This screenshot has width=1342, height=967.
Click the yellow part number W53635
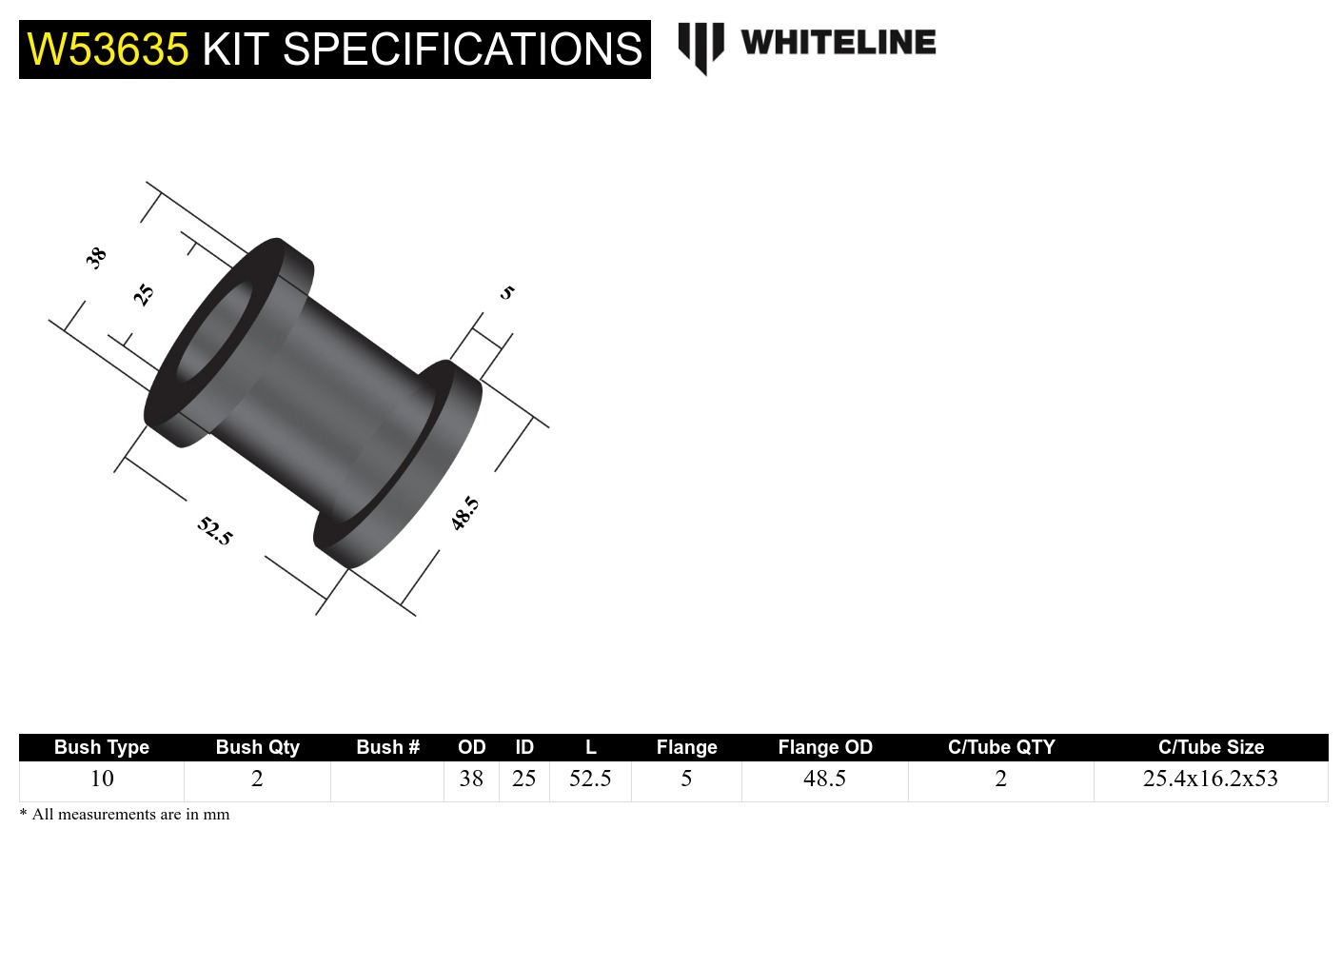tap(108, 49)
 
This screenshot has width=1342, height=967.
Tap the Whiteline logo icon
tap(701, 47)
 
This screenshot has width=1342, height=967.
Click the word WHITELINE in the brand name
tap(838, 43)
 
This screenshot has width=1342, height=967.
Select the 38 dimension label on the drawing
tap(95, 257)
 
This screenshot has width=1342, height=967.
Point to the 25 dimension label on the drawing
tap(143, 294)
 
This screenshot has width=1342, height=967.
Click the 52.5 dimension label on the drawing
tap(215, 530)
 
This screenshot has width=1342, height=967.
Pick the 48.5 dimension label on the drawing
tap(464, 513)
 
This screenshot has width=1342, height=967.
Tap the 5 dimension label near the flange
tap(507, 292)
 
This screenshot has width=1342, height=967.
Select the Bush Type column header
tap(102, 747)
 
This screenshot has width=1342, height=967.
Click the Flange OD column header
tap(824, 747)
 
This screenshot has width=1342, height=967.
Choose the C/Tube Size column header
tap(1211, 747)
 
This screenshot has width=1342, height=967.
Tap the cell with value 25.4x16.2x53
tap(1210, 779)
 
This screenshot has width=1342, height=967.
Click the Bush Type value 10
tap(102, 779)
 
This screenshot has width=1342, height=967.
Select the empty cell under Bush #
tap(387, 780)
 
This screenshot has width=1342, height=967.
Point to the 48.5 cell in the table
tap(824, 779)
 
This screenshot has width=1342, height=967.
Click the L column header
tap(590, 747)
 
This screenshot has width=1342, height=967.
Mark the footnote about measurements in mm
tap(125, 815)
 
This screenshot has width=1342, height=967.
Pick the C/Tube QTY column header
tap(1001, 747)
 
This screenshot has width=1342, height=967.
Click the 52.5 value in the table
tap(590, 779)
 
